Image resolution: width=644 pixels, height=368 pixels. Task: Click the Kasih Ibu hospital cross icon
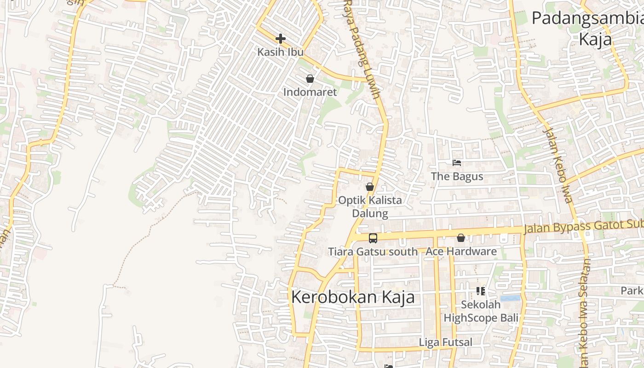(x=281, y=39)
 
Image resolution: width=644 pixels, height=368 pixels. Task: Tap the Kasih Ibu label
(x=281, y=52)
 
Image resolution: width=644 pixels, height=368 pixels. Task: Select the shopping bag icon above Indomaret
(x=310, y=79)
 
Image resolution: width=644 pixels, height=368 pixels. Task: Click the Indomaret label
(x=310, y=92)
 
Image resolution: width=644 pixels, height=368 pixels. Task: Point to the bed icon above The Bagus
(x=457, y=163)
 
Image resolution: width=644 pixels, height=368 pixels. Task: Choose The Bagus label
(x=457, y=176)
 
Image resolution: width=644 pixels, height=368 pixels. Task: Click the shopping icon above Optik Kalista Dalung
(x=370, y=187)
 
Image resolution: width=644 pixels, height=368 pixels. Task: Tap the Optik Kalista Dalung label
(x=370, y=207)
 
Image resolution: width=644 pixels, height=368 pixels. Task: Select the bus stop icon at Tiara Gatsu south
(x=373, y=238)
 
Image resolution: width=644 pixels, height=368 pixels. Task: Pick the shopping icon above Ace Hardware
(x=461, y=238)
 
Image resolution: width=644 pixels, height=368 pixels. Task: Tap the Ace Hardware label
(x=461, y=252)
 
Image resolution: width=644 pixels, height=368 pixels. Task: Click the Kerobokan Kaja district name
(x=353, y=297)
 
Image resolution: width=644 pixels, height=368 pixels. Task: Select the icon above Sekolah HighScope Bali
(x=481, y=291)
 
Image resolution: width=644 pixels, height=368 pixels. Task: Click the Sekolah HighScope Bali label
(x=481, y=311)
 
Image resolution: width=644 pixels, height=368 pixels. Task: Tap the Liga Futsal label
(x=445, y=342)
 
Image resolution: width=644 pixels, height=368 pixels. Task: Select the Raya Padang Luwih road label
(x=363, y=51)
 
